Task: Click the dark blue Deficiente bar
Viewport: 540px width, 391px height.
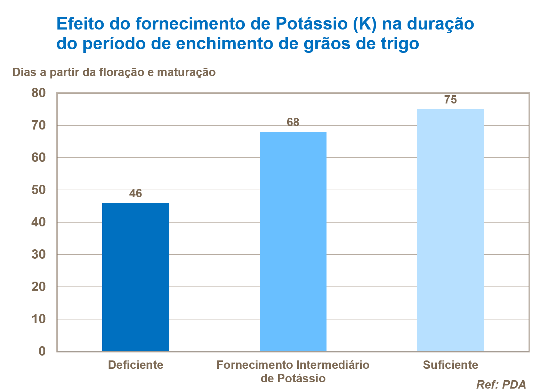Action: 136,277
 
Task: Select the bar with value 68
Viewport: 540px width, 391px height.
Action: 293,241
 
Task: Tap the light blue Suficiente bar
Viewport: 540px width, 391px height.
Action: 450,230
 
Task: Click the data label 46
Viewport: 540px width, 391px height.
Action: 136,193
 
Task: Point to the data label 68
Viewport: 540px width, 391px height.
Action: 293,122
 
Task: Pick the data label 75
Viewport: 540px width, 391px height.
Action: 450,100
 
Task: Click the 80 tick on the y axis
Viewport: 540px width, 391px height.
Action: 39,93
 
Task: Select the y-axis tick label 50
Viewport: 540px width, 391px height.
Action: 39,190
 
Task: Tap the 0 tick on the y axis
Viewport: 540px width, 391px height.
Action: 42,351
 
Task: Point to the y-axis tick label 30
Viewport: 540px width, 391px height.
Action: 39,255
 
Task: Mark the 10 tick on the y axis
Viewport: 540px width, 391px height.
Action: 39,319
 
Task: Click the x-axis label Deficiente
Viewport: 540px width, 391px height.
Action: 136,365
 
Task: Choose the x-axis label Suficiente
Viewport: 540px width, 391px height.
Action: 450,365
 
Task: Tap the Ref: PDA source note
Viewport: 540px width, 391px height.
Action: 501,384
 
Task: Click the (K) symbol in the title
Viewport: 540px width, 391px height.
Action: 365,24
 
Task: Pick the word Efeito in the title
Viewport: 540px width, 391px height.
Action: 80,24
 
